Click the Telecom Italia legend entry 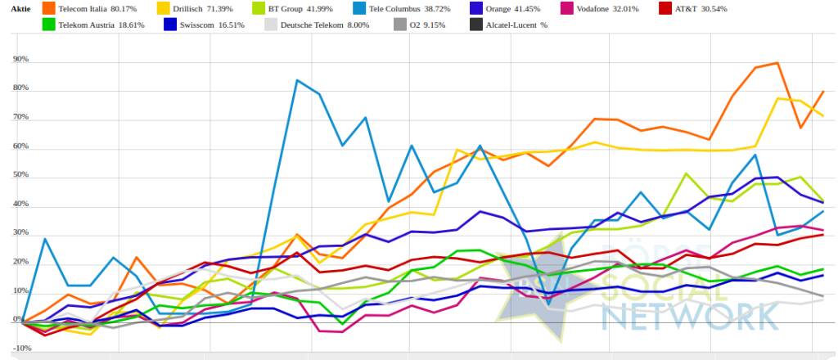point(91,8)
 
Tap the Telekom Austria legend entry point(91,25)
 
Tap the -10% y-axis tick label point(22,349)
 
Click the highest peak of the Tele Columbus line point(296,80)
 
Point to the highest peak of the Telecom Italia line point(776,63)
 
